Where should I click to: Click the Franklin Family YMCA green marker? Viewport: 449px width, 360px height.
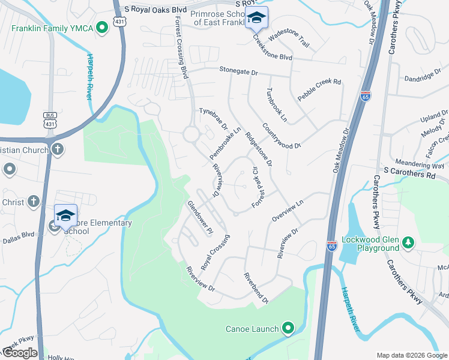click(x=103, y=26)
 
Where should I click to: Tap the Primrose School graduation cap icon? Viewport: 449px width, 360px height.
click(x=256, y=18)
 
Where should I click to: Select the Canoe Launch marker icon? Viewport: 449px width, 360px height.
click(x=288, y=328)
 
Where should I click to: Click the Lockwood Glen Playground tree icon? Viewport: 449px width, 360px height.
click(x=409, y=242)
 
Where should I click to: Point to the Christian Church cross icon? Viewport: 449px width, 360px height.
click(x=58, y=149)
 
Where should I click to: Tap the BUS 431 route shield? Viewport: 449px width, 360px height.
click(x=50, y=119)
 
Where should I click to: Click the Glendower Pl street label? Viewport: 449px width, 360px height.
click(x=200, y=217)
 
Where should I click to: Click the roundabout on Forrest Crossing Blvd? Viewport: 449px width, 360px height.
click(x=191, y=134)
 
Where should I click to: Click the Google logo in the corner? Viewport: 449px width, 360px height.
click(x=20, y=353)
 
